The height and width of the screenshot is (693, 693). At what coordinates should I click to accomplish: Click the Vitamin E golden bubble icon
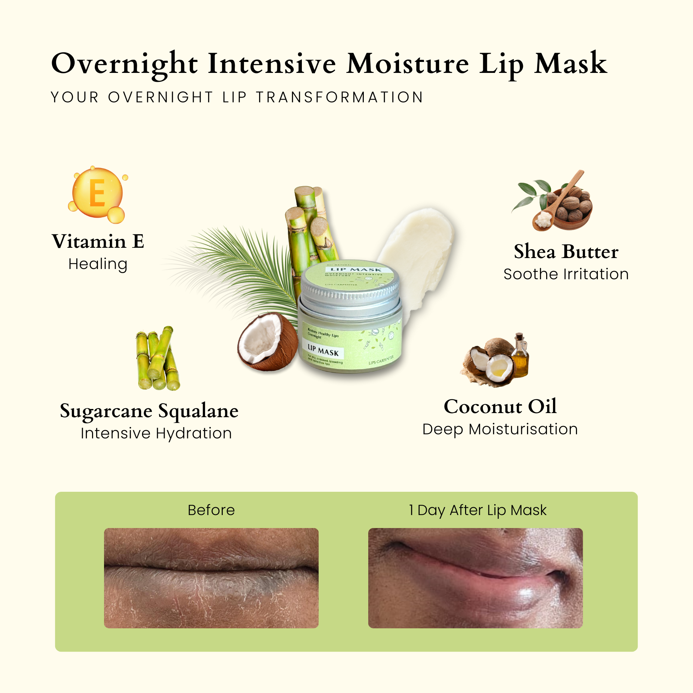(x=97, y=194)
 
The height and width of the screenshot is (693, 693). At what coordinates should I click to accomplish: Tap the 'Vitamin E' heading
(x=98, y=241)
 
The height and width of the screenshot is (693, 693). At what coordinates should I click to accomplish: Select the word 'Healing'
(x=98, y=264)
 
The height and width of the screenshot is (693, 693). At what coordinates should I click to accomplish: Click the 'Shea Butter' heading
(x=566, y=252)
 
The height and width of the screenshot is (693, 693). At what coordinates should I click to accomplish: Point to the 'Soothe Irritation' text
(x=566, y=274)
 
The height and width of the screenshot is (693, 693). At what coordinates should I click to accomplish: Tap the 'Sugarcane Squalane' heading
(x=149, y=411)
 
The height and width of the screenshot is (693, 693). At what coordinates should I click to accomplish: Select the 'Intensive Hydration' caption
(x=156, y=433)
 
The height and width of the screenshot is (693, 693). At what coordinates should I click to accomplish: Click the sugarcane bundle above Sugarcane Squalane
(x=158, y=359)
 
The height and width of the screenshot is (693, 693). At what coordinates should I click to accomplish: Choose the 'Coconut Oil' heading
(x=500, y=407)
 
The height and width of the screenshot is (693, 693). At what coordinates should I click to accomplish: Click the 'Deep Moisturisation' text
(x=500, y=429)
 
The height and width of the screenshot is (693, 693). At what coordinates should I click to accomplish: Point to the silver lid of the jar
(x=350, y=287)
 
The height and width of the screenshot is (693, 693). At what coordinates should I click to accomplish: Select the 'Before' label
(x=211, y=510)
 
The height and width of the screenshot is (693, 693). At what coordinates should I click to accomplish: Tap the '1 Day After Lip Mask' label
(x=477, y=510)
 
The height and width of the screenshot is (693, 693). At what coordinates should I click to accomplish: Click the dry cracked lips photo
(x=211, y=578)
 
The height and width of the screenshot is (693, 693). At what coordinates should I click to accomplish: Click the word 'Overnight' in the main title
(x=124, y=64)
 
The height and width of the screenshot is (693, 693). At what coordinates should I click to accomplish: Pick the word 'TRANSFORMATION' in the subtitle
(x=340, y=97)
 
